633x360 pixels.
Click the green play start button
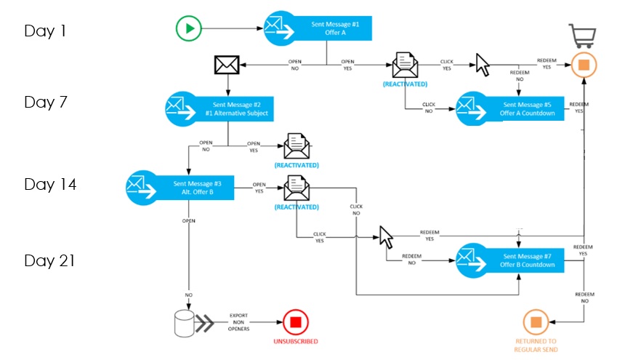[188, 29]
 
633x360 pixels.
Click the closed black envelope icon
[227, 65]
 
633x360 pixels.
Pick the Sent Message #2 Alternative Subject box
[230, 108]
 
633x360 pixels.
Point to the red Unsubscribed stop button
[296, 321]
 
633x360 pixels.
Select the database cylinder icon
[185, 323]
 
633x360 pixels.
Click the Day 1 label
[46, 31]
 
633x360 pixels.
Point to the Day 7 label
[46, 102]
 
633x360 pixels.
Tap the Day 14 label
[50, 185]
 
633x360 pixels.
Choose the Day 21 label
[50, 260]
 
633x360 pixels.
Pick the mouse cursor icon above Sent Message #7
[386, 236]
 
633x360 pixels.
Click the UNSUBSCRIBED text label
[296, 341]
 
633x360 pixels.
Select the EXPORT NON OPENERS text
[239, 322]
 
